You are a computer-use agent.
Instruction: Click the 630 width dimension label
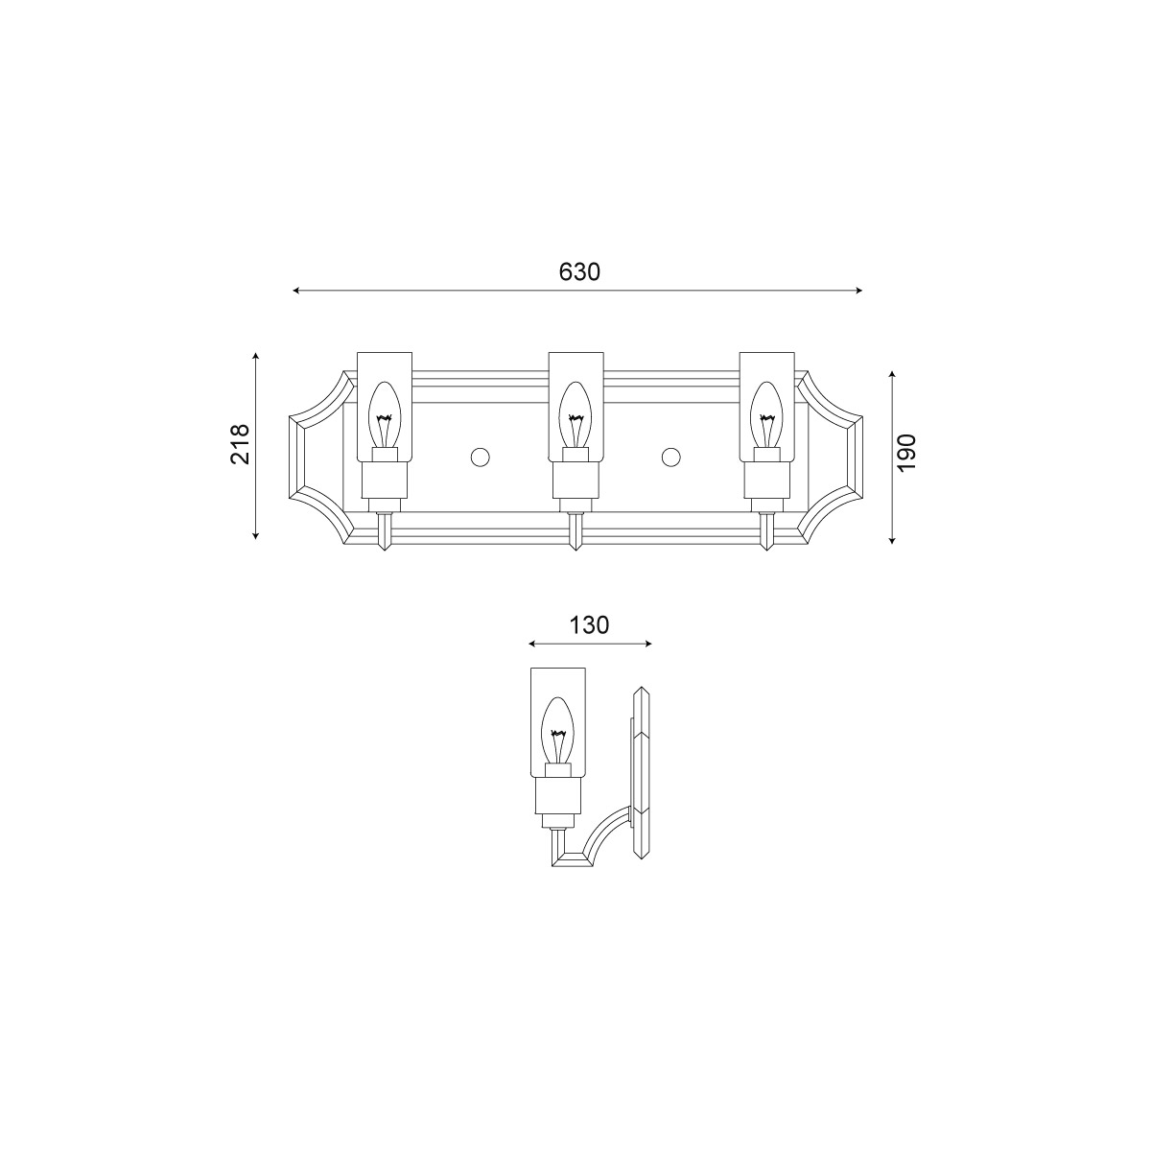[579, 271]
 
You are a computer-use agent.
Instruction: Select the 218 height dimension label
[240, 444]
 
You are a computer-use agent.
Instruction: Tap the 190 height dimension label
[907, 451]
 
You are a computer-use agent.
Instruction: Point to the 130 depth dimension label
[589, 625]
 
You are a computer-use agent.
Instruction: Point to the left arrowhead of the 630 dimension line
[297, 290]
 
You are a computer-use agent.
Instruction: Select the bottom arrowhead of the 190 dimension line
[892, 540]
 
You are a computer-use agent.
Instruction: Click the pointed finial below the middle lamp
[575, 539]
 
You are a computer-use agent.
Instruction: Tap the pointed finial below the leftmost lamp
[384, 539]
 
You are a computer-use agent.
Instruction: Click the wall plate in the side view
[641, 772]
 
